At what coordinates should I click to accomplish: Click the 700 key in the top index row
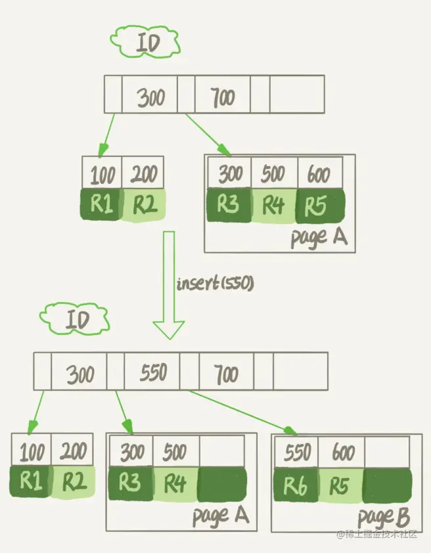click(x=223, y=99)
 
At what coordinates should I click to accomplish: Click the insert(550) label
click(x=214, y=284)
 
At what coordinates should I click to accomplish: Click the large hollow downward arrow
click(x=169, y=289)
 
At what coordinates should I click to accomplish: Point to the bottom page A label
click(x=220, y=516)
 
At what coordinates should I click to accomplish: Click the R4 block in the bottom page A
click(x=175, y=485)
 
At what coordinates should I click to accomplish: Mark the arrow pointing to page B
click(x=243, y=412)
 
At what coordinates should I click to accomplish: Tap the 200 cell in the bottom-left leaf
click(x=72, y=452)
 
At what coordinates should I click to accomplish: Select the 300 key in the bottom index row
click(x=80, y=374)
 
